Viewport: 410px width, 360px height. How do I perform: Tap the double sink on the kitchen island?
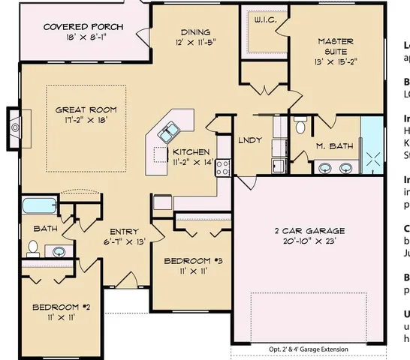click(168, 133)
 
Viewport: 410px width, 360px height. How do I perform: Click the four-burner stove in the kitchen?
click(222, 168)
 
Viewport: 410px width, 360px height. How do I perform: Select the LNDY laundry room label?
click(249, 140)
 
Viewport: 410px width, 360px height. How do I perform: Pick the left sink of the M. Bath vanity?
click(324, 167)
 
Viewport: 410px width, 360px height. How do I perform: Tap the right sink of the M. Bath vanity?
click(346, 167)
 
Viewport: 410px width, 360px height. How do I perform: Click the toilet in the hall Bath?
click(34, 247)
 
